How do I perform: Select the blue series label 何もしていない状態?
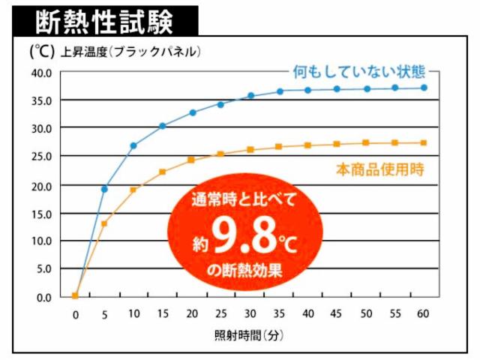(359, 73)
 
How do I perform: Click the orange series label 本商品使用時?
(380, 169)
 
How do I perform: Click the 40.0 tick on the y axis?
(40, 73)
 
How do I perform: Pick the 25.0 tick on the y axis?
(40, 157)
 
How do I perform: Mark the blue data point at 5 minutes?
(104, 189)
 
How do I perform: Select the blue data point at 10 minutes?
(133, 145)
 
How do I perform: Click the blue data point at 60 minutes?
(424, 88)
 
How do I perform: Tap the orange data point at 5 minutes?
(104, 223)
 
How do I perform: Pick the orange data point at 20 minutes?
(191, 160)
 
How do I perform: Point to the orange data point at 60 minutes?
(424, 142)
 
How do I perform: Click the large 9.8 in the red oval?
(239, 234)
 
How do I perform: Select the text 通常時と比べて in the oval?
(244, 199)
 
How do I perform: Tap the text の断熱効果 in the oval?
(247, 269)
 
